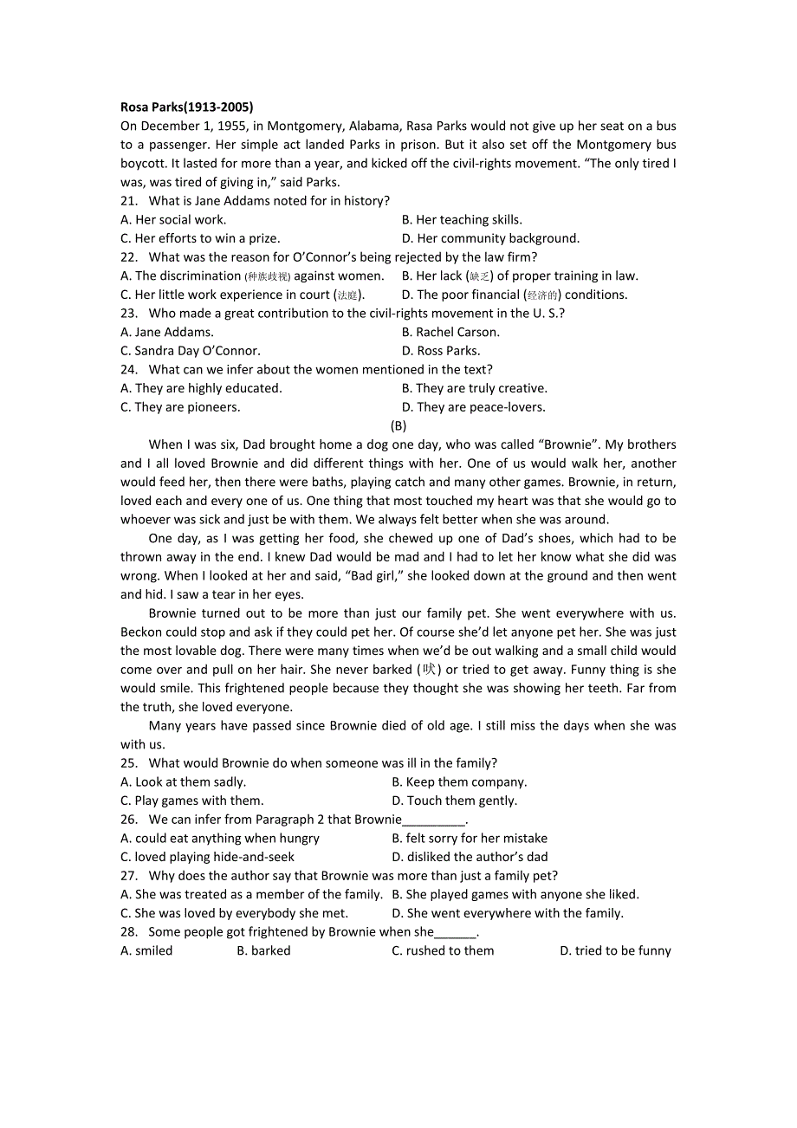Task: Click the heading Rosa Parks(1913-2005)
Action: coord(186,107)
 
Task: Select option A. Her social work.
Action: coord(173,220)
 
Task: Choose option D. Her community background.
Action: coord(490,238)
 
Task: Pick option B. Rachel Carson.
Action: coord(450,332)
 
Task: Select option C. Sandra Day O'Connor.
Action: coord(190,351)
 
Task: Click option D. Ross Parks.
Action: coord(441,351)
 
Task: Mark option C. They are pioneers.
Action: coord(180,407)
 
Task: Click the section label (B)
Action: coord(398,425)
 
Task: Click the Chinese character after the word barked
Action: coord(430,670)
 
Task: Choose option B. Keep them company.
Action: coord(459,782)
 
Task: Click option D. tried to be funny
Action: coord(615,951)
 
